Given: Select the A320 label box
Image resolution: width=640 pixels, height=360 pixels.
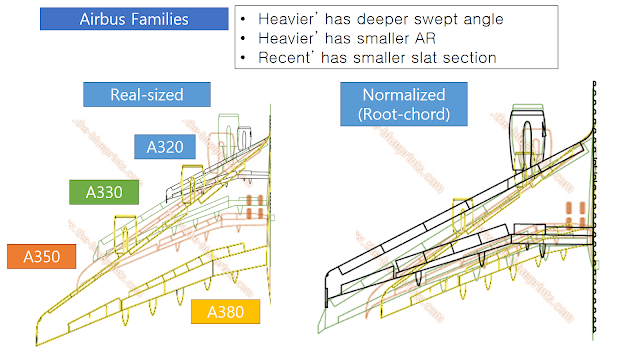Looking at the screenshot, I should [163, 148].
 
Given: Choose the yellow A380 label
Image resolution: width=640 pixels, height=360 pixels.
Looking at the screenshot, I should [226, 312].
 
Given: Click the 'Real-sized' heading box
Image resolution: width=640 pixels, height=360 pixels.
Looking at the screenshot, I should [148, 94].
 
